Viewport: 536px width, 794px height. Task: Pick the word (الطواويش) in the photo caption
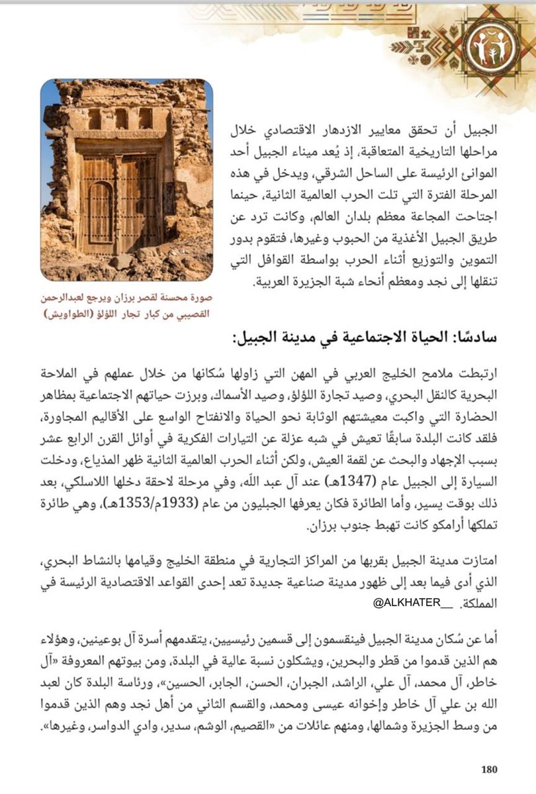coord(71,314)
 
